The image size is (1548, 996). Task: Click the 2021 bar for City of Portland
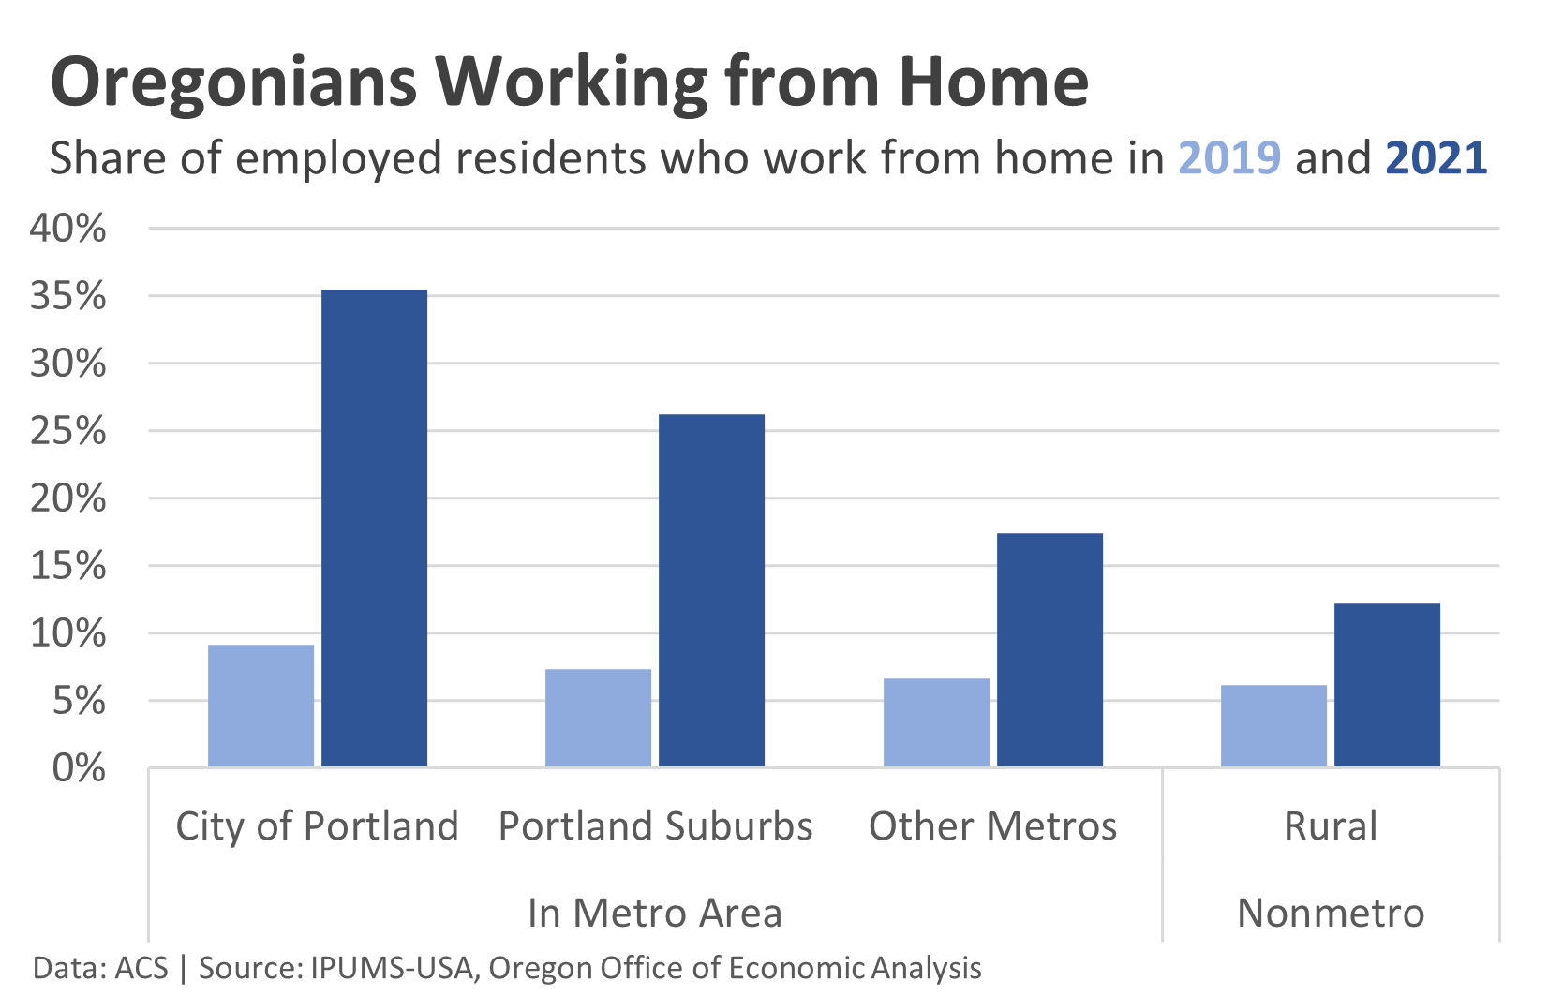click(x=375, y=528)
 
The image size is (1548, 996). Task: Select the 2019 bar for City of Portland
click(x=260, y=706)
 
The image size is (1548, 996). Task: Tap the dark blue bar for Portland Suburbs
click(x=712, y=590)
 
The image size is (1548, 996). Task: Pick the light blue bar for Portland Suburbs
click(x=599, y=718)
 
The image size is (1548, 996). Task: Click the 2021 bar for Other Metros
click(x=1049, y=649)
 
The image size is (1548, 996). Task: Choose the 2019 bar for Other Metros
click(x=936, y=722)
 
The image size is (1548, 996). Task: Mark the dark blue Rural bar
click(x=1387, y=685)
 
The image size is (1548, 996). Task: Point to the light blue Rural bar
click(x=1273, y=726)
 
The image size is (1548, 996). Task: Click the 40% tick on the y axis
click(x=67, y=228)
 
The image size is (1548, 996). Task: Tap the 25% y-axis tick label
click(x=67, y=431)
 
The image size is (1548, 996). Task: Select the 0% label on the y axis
click(x=79, y=768)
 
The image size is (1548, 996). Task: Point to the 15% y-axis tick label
click(x=67, y=566)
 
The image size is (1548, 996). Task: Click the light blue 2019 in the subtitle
click(x=1229, y=158)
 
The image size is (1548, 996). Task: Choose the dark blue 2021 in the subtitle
click(x=1436, y=158)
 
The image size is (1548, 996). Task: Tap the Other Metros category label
click(x=993, y=826)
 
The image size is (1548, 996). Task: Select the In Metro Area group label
click(x=655, y=913)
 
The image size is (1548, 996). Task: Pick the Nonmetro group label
click(x=1331, y=913)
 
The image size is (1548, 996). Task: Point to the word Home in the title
click(x=994, y=82)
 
